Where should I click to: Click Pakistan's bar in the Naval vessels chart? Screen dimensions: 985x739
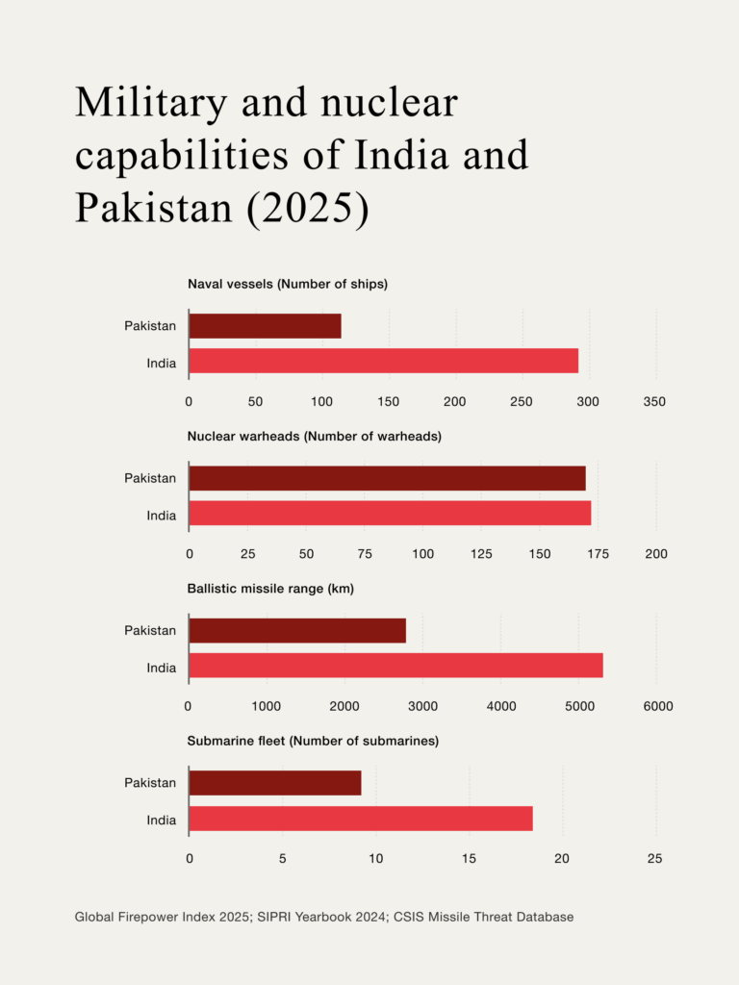point(265,326)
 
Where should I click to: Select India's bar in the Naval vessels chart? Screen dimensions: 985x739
point(383,362)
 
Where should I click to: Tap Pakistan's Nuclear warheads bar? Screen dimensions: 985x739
point(387,478)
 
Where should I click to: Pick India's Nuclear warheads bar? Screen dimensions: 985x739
point(390,515)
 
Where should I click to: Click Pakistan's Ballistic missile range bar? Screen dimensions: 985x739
point(297,630)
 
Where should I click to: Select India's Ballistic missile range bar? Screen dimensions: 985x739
point(395,666)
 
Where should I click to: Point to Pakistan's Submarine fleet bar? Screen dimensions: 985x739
point(275,783)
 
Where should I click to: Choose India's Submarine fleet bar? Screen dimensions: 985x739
point(361,819)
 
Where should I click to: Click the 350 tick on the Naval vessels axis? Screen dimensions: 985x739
point(654,401)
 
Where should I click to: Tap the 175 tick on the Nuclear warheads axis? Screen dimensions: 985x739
point(599,554)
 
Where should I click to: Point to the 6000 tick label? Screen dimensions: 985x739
point(658,706)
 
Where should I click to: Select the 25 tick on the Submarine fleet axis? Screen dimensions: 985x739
point(655,858)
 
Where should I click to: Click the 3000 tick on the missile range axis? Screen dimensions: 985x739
point(422,706)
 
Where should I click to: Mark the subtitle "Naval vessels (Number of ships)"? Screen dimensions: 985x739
point(288,284)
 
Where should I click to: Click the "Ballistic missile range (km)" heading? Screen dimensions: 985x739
point(270,589)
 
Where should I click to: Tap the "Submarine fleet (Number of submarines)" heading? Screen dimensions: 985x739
point(313,741)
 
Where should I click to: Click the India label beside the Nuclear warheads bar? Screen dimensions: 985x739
point(161,516)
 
